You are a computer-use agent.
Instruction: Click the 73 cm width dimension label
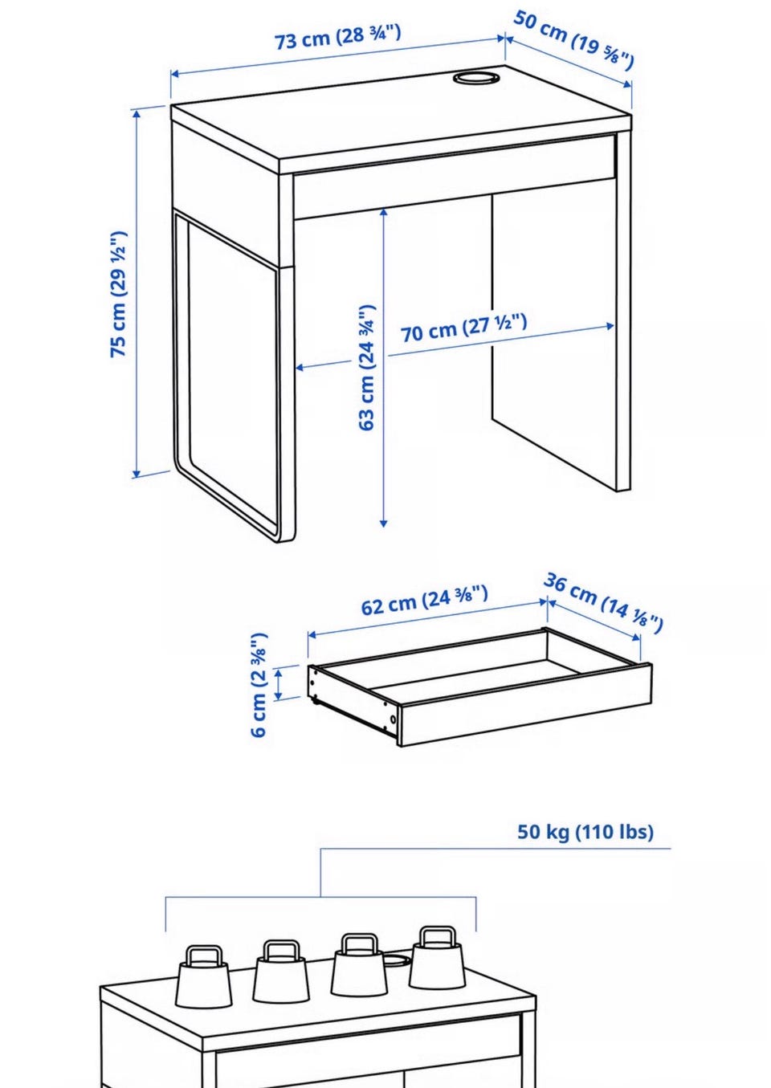pos(338,37)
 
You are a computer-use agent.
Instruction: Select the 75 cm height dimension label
pos(119,295)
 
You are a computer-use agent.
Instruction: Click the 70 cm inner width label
pos(463,328)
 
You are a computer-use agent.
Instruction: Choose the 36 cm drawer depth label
pos(603,603)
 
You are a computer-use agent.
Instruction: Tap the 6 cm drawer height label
pos(259,685)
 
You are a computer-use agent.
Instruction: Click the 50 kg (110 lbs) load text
pos(585,832)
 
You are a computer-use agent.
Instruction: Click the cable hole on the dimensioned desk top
pos(477,78)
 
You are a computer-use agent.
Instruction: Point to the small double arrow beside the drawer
pos(279,684)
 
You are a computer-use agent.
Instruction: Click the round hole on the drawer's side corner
pos(393,719)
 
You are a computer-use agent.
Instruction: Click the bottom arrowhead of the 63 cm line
pos(384,523)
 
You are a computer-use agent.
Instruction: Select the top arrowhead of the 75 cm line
pos(137,114)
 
